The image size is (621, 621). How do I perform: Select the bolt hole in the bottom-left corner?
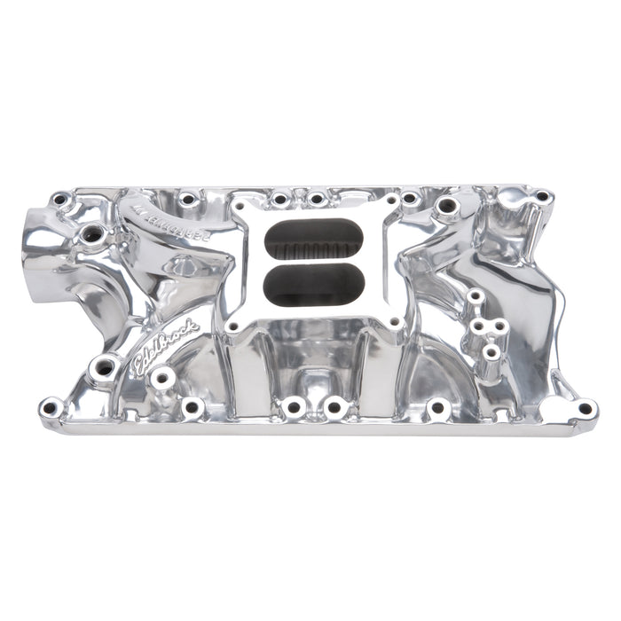tap(50, 408)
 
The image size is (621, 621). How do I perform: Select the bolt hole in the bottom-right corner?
tap(585, 408)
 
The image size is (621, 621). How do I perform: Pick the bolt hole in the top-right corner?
tap(541, 196)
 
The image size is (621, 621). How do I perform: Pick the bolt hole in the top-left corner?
tap(60, 200)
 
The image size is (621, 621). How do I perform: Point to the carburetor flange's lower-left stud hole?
tap(232, 326)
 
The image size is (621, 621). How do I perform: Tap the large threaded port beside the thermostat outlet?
tap(92, 234)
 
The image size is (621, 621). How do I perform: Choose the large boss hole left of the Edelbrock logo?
tap(105, 366)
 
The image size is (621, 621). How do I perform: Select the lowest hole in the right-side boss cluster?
tap(491, 352)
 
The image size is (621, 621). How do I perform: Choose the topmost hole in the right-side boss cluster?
tap(476, 295)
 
